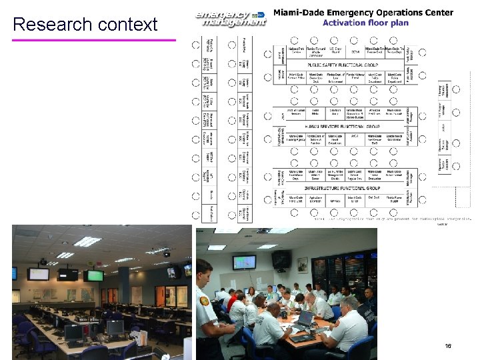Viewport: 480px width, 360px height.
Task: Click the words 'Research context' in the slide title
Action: (85, 25)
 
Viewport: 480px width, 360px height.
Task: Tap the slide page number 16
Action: (448, 346)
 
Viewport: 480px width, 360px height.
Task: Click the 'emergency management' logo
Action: (230, 18)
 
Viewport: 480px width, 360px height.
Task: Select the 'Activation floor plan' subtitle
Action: (365, 23)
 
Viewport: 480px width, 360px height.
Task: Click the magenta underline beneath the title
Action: (93, 40)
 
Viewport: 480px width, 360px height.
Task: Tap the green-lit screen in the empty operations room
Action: (95, 275)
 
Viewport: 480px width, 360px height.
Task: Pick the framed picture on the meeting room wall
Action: (303, 265)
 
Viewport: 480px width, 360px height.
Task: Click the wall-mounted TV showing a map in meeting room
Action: (245, 262)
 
